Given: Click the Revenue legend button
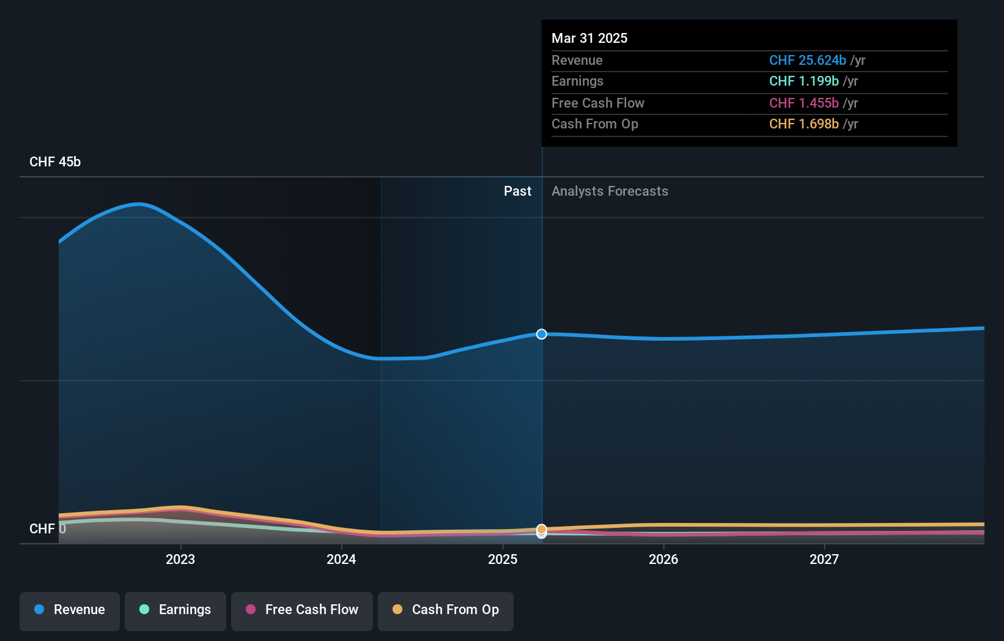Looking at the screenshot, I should [x=70, y=610].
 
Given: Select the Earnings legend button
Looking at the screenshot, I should [x=175, y=610].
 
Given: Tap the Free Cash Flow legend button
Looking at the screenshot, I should [x=302, y=610].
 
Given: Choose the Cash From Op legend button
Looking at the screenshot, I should [x=446, y=610].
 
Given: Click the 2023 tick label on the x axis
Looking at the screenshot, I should [x=180, y=559].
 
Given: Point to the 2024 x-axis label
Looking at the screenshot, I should [x=341, y=559].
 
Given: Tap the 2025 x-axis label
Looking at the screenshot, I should [x=503, y=559].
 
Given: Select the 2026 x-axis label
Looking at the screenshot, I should [x=663, y=559].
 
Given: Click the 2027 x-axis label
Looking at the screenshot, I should [x=824, y=559].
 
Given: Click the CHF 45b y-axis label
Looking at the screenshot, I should [x=55, y=162].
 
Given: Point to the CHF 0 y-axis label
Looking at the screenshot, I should [x=47, y=528].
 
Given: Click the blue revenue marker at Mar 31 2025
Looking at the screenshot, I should [x=542, y=334].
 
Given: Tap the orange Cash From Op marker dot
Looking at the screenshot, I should [x=542, y=529].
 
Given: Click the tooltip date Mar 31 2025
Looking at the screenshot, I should [x=589, y=38].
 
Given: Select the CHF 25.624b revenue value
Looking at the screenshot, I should [x=807, y=61].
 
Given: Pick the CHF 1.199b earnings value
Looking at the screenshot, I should [x=803, y=81].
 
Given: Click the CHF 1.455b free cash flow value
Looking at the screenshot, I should [x=803, y=103].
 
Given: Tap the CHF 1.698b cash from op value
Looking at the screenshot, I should [x=803, y=124].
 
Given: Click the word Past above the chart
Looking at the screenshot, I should [x=517, y=191].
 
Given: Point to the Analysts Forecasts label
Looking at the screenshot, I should [x=610, y=191].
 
